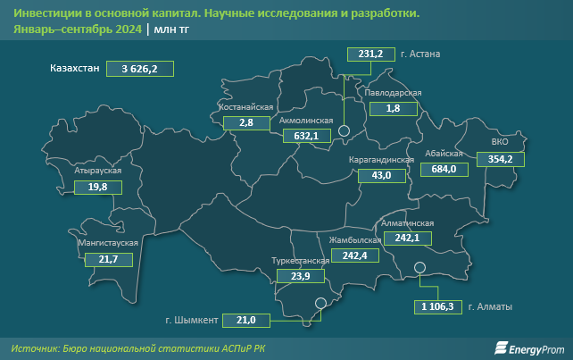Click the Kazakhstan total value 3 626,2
tap(139, 68)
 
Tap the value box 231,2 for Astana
tap(370, 54)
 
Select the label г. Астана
tap(421, 54)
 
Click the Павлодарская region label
tap(393, 93)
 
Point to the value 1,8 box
tap(393, 108)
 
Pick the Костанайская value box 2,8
tap(247, 122)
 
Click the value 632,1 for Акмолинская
tap(306, 136)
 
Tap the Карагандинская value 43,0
tap(381, 176)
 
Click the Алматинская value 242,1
tap(406, 238)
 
